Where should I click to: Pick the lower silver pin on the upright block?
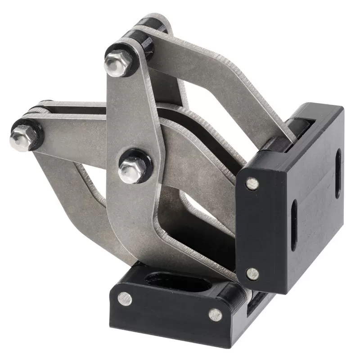(x=253, y=273)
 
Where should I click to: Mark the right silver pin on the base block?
(x=216, y=315)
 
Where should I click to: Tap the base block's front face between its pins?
(x=169, y=310)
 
